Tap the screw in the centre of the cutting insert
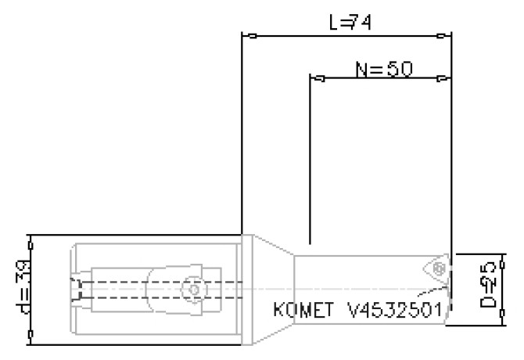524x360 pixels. coord(438,268)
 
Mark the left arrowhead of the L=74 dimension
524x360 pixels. coord(248,35)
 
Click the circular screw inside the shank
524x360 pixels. coord(189,289)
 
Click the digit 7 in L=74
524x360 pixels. coord(352,23)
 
